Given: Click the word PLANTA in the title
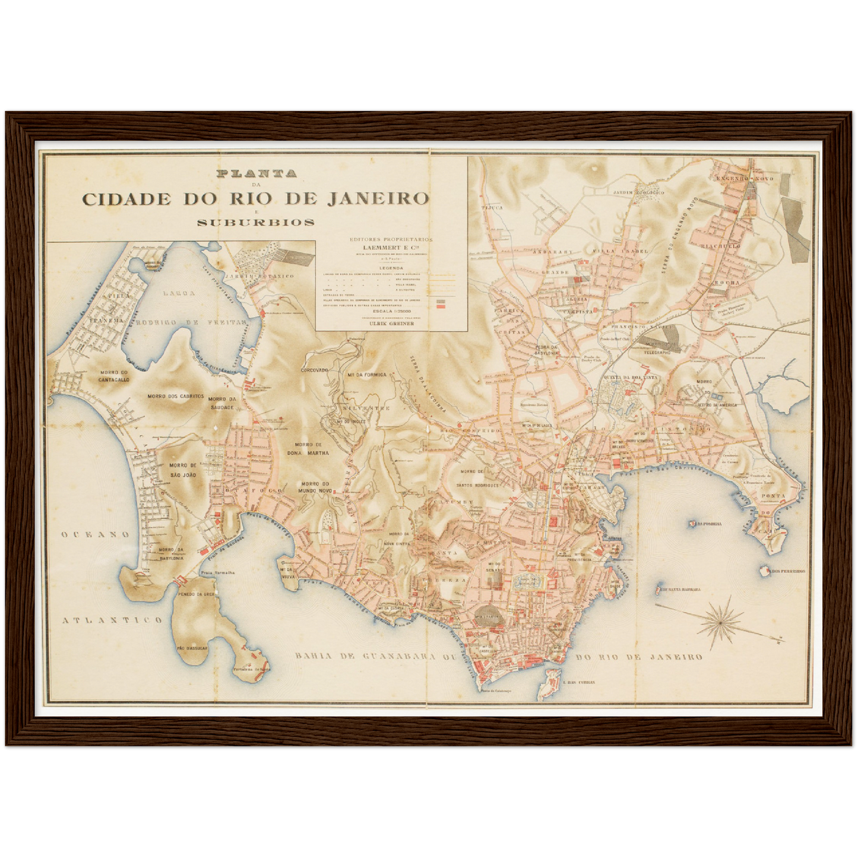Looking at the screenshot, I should pyautogui.click(x=257, y=174).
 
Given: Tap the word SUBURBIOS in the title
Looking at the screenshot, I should pyautogui.click(x=256, y=223).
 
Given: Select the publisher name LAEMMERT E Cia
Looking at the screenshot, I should pyautogui.click(x=391, y=248).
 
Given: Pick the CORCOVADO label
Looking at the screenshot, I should pyautogui.click(x=315, y=370).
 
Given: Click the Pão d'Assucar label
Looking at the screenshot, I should pyautogui.click(x=192, y=648).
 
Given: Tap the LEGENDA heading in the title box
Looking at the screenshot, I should pyautogui.click(x=391, y=268).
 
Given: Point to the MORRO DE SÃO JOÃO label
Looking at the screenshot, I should pyautogui.click(x=182, y=470).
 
